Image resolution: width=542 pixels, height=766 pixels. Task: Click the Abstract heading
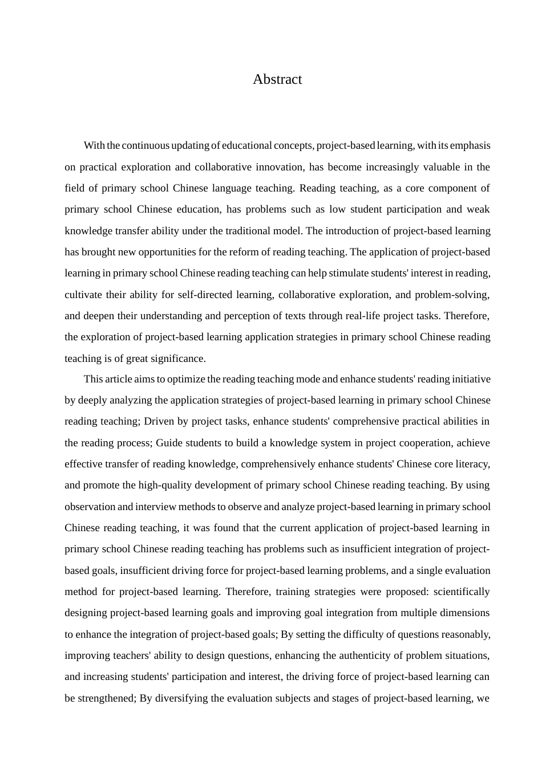pos(277,79)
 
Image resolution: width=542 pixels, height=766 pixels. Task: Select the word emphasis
pos(470,145)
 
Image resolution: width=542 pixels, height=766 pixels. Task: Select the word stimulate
pos(348,273)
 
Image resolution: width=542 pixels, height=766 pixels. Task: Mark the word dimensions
pos(464,613)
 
